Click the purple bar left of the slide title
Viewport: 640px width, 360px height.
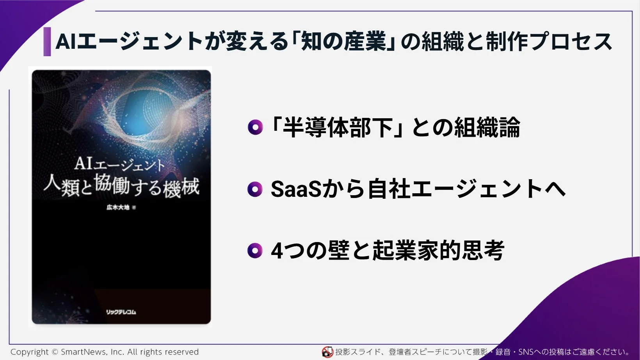pyautogui.click(x=47, y=42)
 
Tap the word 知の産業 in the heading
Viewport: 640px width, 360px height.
pyautogui.click(x=344, y=42)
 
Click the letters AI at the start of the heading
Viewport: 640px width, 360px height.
pyautogui.click(x=66, y=42)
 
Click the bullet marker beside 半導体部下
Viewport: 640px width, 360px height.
pyautogui.click(x=255, y=127)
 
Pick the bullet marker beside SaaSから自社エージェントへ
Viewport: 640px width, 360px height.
pyautogui.click(x=255, y=189)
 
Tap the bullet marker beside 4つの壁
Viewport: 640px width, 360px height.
pyautogui.click(x=255, y=251)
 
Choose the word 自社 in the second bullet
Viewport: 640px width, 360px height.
pyautogui.click(x=389, y=189)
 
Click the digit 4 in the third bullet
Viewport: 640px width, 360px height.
pyautogui.click(x=277, y=251)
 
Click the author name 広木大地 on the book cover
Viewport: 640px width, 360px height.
pyautogui.click(x=118, y=207)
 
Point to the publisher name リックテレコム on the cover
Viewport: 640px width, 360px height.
pyautogui.click(x=121, y=312)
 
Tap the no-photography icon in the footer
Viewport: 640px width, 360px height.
pyautogui.click(x=327, y=352)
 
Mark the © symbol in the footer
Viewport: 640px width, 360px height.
pyautogui.click(x=55, y=352)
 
